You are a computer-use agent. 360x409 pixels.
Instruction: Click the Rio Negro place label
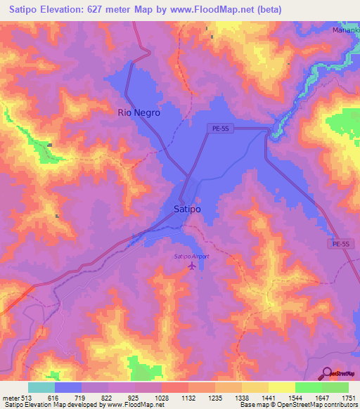coord(139,112)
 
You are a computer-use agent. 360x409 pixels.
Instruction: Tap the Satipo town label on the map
coord(187,209)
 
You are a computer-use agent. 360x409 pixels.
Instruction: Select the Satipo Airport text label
coord(192,257)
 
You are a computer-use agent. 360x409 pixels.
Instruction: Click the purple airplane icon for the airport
coord(192,266)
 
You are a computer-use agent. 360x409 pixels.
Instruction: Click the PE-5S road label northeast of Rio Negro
coord(221,128)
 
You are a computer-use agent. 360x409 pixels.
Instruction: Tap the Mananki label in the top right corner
coord(345,31)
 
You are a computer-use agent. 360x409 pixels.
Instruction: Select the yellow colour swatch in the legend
coord(281,387)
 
